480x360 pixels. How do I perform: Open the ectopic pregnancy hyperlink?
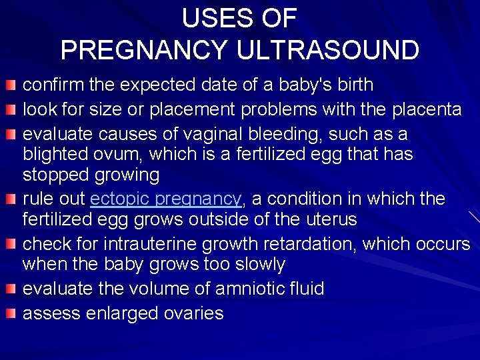165,199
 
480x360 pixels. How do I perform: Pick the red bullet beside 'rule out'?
11,199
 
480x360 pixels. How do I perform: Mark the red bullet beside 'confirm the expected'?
11,85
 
